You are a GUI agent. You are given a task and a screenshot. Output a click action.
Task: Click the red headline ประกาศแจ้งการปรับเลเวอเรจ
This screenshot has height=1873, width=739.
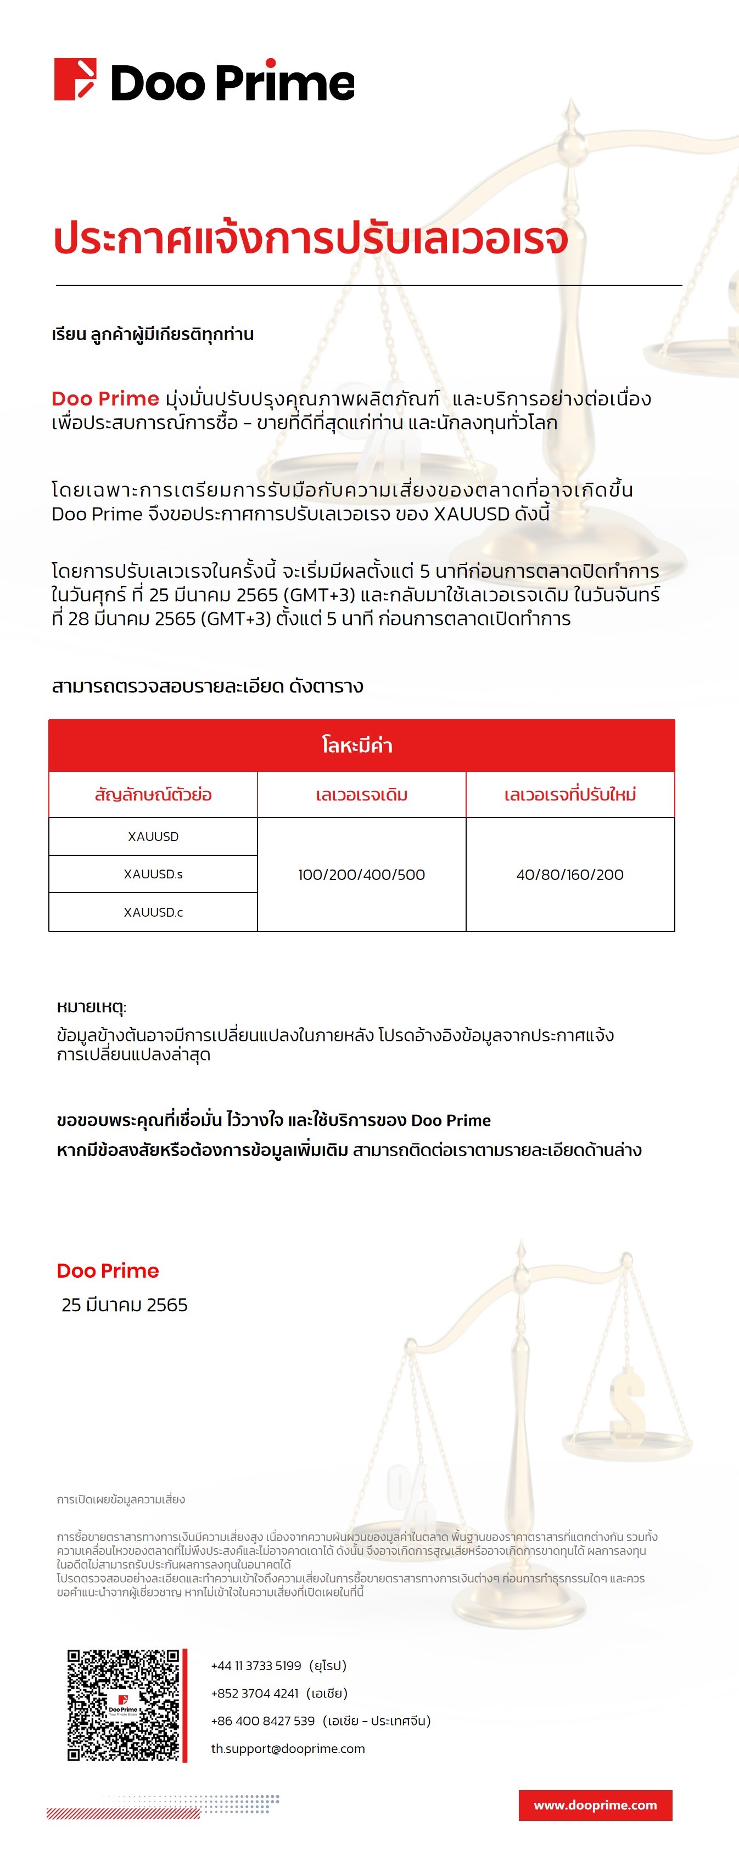click(311, 239)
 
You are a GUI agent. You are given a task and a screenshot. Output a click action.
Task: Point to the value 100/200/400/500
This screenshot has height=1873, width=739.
click(361, 875)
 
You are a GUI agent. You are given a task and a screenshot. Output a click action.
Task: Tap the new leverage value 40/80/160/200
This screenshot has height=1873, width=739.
click(570, 875)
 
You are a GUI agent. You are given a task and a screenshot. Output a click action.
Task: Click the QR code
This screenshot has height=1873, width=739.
click(123, 1705)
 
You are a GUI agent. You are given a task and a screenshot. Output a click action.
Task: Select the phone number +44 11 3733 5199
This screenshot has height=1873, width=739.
click(256, 1666)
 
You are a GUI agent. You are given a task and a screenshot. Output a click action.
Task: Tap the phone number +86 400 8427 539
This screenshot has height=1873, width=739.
click(262, 1721)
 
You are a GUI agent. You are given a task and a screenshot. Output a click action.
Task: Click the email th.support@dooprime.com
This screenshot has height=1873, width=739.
click(288, 1748)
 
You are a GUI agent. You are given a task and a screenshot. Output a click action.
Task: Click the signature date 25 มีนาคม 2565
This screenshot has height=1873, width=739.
click(125, 1305)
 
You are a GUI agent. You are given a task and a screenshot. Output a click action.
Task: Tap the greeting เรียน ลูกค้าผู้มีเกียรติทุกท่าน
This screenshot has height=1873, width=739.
click(153, 335)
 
